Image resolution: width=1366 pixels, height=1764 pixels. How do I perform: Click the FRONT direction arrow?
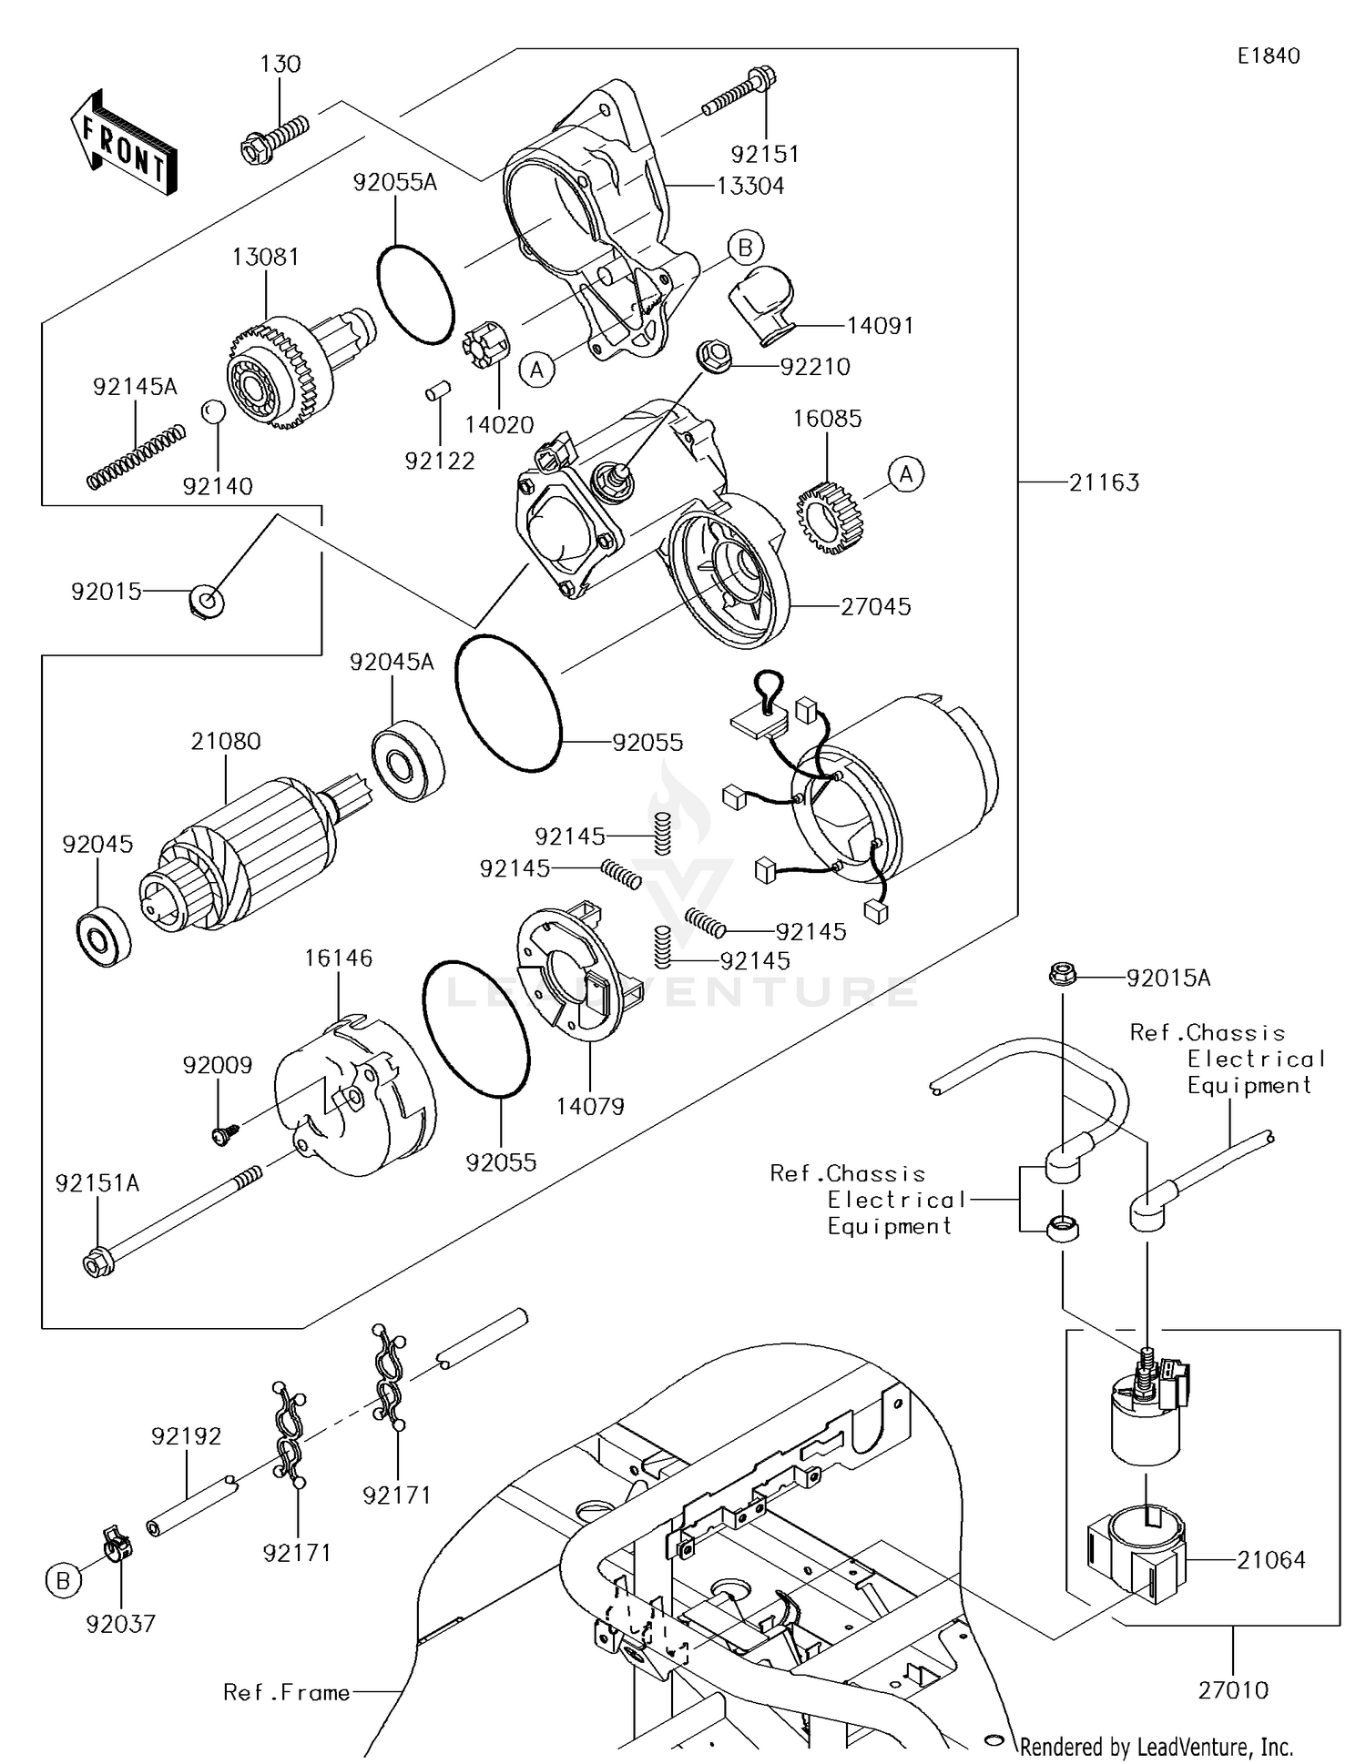(124, 144)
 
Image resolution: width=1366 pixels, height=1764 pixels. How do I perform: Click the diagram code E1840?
(1269, 56)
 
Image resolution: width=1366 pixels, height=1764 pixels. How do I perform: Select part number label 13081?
(265, 257)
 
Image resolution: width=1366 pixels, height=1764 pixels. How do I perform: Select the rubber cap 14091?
(761, 304)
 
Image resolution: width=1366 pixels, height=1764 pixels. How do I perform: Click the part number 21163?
(1104, 482)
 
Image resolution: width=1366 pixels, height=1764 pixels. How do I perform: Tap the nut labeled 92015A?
(1062, 976)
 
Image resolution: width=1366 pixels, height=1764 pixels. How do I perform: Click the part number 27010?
(1233, 1690)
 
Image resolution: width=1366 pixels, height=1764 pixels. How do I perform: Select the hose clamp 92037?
(115, 1543)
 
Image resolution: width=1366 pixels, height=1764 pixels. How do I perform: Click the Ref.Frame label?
(287, 1692)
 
